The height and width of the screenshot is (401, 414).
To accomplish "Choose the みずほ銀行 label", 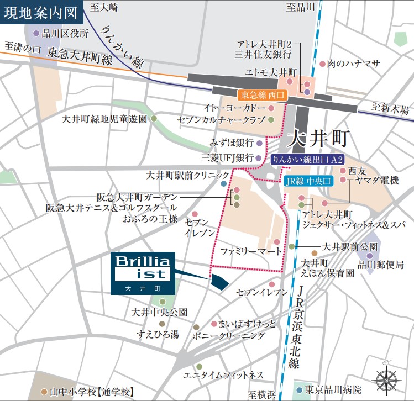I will (232, 143).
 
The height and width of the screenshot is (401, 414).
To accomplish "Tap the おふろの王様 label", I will (150, 219).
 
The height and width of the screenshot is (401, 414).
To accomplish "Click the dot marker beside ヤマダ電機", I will (343, 180).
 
